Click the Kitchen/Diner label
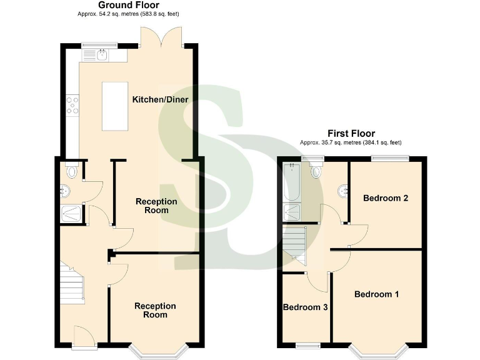160,100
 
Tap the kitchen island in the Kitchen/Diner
113,106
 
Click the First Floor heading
351,133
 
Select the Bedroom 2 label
386,198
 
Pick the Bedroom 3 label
306,307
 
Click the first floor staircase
296,246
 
